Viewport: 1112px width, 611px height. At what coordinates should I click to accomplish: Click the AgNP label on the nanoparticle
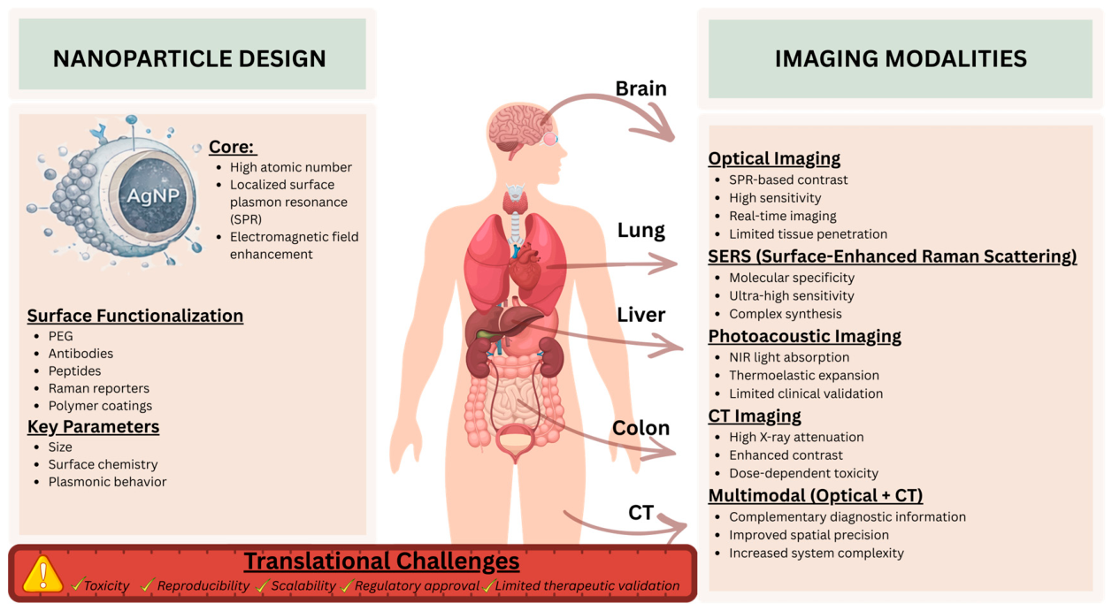tap(153, 195)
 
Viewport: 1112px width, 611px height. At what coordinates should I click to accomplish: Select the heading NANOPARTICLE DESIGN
tap(189, 58)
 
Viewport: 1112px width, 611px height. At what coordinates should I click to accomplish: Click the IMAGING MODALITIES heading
tap(901, 58)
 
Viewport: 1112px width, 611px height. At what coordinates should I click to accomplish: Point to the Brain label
tap(640, 88)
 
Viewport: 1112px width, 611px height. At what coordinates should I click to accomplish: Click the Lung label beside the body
tap(640, 231)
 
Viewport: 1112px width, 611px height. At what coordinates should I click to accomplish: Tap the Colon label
tap(640, 428)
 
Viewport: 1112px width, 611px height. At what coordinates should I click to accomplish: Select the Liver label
tap(640, 315)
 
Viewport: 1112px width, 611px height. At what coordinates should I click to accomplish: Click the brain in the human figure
tap(518, 128)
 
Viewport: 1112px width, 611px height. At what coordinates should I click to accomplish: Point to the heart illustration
tap(525, 266)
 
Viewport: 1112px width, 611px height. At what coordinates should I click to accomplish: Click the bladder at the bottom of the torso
tap(517, 439)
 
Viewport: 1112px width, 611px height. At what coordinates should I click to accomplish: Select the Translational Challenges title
tap(382, 561)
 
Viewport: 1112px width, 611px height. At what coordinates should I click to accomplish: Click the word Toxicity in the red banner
tap(106, 585)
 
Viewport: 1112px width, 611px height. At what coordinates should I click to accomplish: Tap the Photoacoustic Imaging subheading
tap(804, 336)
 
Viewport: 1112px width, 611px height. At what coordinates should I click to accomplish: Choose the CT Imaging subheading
tap(754, 416)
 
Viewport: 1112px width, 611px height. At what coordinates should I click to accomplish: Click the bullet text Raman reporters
tap(99, 388)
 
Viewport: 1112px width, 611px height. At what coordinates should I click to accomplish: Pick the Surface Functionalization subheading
tap(135, 316)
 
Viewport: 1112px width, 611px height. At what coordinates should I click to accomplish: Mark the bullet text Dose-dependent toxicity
tap(804, 473)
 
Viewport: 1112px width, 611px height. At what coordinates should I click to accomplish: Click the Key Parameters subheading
tap(93, 427)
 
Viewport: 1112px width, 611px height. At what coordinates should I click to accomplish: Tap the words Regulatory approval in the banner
tap(417, 585)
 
